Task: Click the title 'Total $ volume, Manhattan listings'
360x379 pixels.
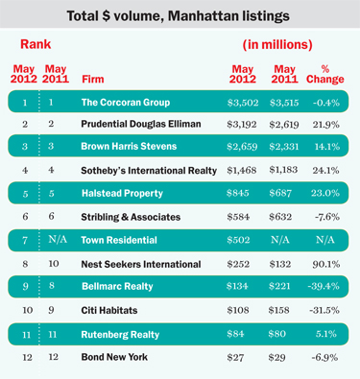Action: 180,16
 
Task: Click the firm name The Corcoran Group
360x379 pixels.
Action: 125,102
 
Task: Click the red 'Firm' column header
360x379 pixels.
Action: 94,79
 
